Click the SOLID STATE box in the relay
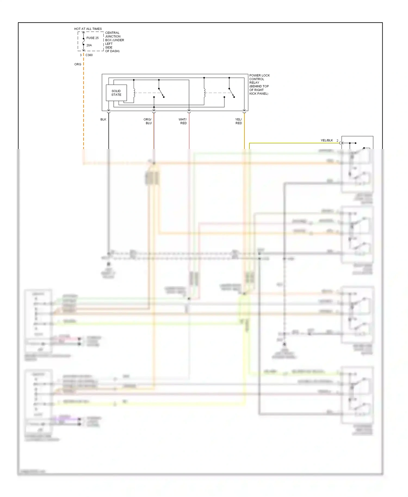point(116,93)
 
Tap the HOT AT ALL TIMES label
point(88,29)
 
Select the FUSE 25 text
point(92,38)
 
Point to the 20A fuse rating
point(89,45)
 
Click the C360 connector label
point(89,55)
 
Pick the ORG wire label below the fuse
point(78,64)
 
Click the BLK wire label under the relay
point(103,120)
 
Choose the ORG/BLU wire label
point(148,121)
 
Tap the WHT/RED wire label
point(183,121)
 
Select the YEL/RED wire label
point(239,121)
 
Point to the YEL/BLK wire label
point(327,141)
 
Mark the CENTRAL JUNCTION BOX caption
point(115,42)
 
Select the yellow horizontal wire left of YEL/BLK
point(286,143)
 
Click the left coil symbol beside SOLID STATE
point(134,93)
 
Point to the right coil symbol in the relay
point(204,93)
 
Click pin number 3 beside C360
point(81,55)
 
